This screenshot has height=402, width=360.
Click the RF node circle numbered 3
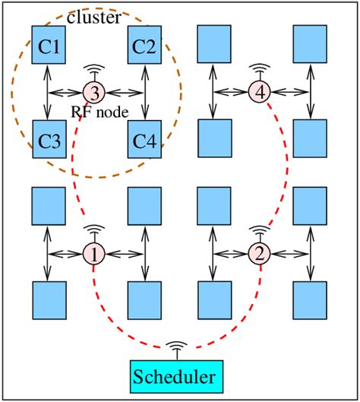94,93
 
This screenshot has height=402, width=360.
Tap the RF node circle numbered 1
94,254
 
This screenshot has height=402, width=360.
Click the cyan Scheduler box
177,375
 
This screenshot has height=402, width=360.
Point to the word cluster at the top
93,17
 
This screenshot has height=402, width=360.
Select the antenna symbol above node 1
94,231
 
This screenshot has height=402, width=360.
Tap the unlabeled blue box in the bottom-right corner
309,299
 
